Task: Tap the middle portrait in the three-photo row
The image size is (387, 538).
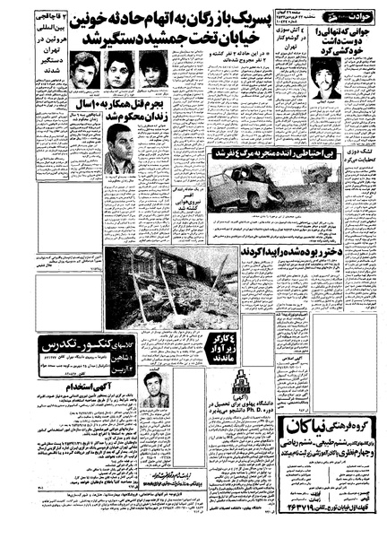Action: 118,70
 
